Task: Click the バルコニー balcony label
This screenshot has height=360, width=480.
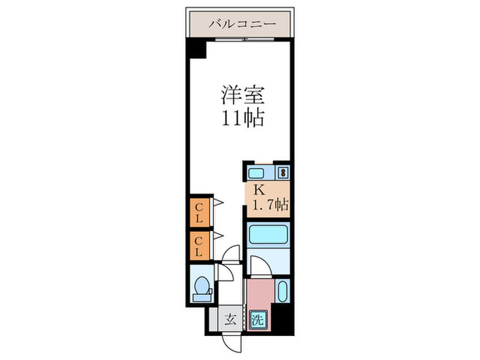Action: click(242, 23)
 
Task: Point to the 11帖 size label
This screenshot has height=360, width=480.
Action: click(243, 118)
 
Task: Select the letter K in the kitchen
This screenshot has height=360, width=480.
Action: click(259, 191)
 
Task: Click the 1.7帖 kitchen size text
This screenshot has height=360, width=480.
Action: click(270, 204)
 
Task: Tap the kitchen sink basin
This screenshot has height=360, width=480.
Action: click(256, 173)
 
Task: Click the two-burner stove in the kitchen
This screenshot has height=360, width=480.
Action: click(283, 173)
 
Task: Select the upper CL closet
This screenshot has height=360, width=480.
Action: click(200, 213)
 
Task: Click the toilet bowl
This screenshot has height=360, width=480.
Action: click(202, 286)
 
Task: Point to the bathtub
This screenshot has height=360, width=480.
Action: click(268, 235)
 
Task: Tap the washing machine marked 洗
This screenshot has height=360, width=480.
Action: click(258, 320)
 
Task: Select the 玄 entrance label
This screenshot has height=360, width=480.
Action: click(230, 320)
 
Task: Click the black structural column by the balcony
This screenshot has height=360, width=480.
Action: click(197, 48)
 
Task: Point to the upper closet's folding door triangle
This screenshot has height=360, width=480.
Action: click(218, 202)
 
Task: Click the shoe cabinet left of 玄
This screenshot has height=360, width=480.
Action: click(214, 320)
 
